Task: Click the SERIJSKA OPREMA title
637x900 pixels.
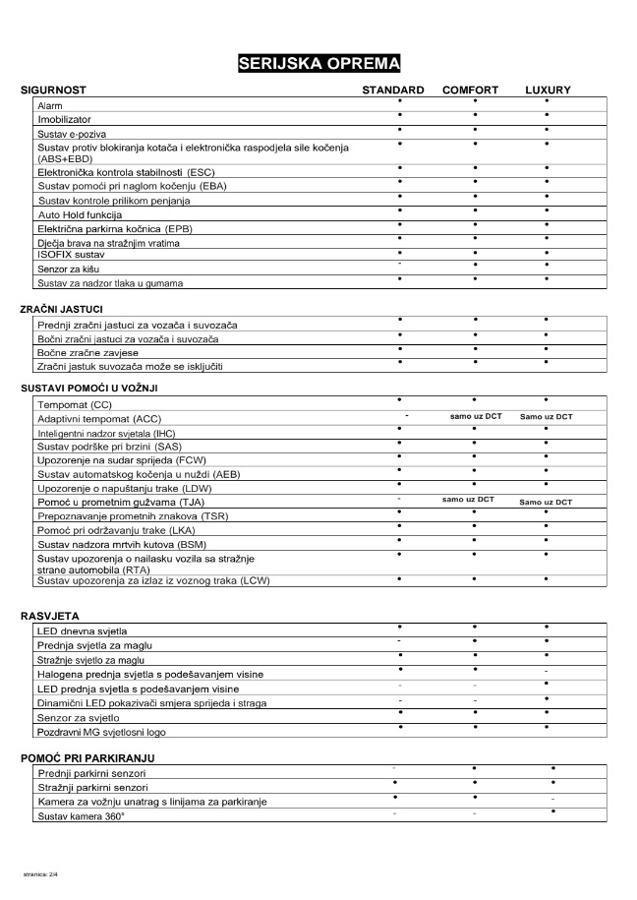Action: coord(318,64)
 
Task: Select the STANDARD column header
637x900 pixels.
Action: coord(393,90)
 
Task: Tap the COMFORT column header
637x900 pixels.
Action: coord(470,90)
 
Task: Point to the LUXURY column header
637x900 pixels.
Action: coord(548,90)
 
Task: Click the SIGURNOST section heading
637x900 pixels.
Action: coord(53,90)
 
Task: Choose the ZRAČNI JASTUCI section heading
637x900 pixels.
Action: coord(61,309)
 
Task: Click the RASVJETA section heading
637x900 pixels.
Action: coord(49,616)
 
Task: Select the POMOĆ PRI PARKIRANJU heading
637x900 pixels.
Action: coord(87,758)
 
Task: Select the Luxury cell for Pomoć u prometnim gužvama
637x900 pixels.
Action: coord(546,502)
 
